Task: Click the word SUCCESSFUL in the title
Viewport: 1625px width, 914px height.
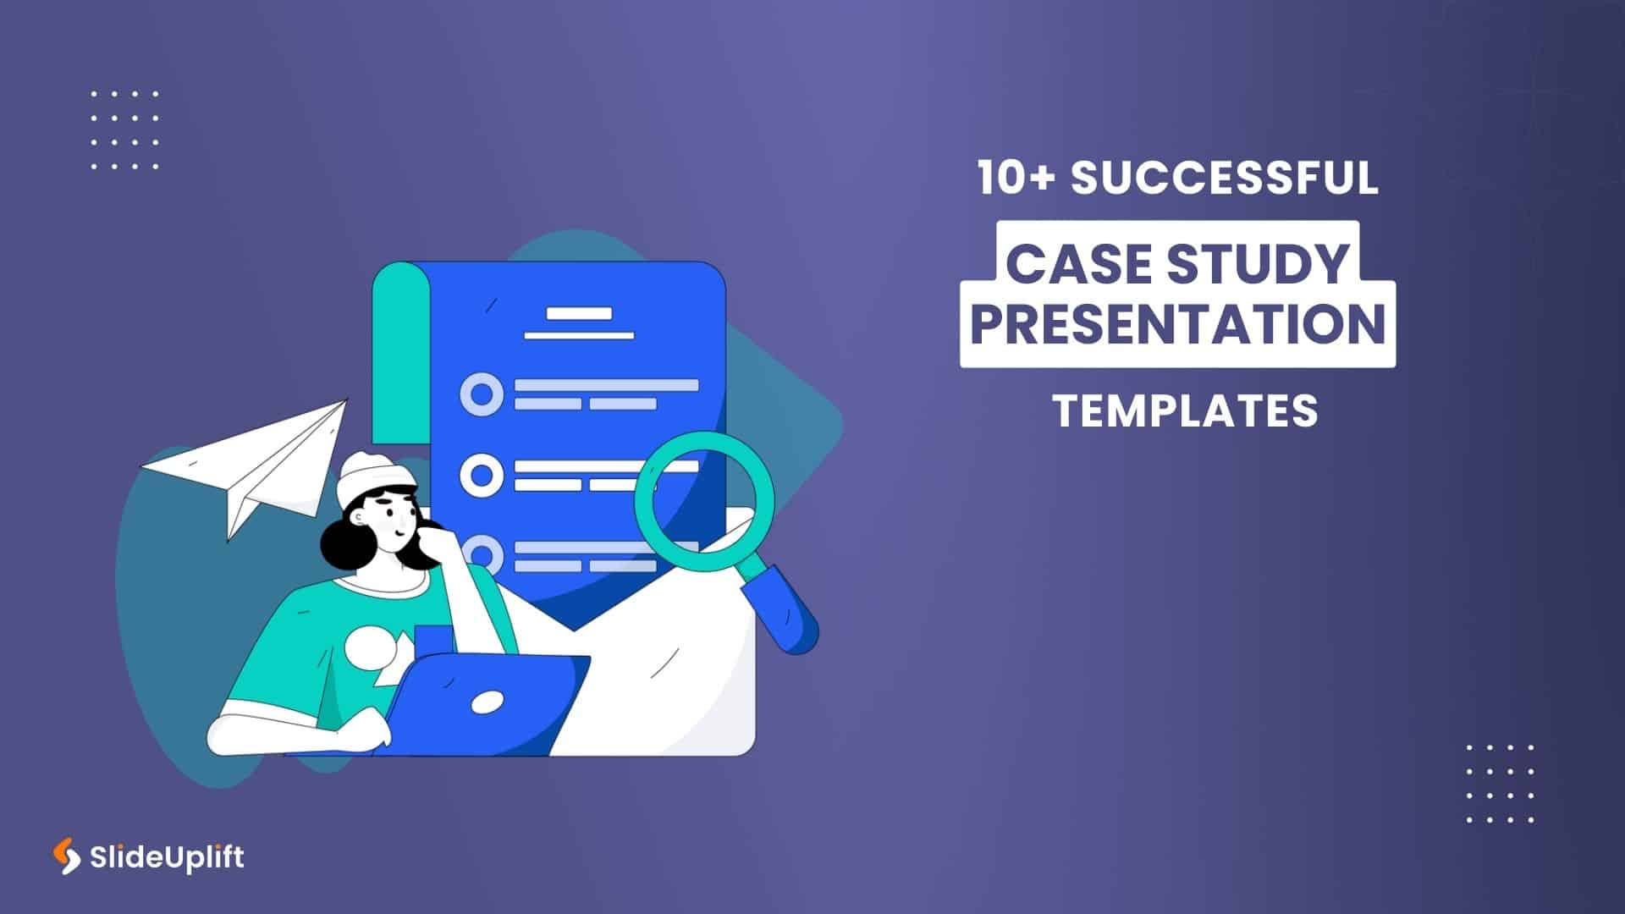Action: pos(1225,179)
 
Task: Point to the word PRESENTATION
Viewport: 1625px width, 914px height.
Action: pos(1177,324)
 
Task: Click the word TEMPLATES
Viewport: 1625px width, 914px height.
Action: pos(1185,411)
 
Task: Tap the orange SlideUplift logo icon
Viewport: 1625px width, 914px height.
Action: pos(66,856)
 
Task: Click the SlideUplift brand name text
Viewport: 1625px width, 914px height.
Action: pos(167,857)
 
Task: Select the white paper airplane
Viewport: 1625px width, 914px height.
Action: pos(254,465)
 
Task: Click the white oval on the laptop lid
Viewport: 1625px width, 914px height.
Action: pos(487,702)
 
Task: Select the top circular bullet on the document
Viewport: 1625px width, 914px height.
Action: pos(481,394)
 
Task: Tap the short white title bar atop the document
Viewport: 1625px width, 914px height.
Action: pos(579,314)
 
